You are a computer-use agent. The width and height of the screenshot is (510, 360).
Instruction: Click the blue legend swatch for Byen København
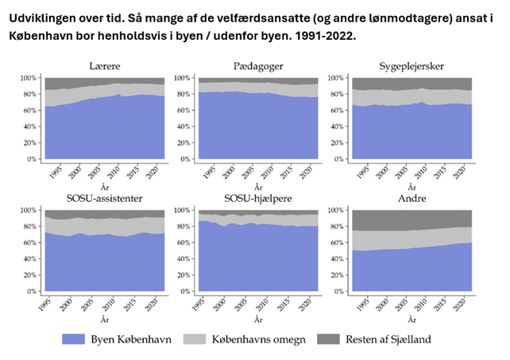[72, 339]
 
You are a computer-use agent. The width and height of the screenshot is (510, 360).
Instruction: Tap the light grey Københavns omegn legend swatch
[203, 339]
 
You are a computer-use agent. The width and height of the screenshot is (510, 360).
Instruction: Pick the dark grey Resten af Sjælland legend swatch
[343, 339]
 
